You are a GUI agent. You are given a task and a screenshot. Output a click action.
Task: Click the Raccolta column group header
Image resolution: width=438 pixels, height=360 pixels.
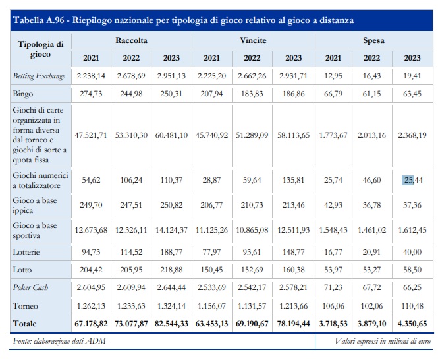[x=131, y=40]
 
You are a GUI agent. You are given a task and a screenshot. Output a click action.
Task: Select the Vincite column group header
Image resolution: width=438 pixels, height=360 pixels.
[x=253, y=40]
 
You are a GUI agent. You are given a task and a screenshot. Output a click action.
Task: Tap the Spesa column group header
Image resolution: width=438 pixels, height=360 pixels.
[x=374, y=40]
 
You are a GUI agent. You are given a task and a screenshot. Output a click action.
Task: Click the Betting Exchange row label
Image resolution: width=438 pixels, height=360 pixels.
[x=40, y=76]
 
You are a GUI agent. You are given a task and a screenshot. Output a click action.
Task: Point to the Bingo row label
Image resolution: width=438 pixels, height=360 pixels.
[x=24, y=94]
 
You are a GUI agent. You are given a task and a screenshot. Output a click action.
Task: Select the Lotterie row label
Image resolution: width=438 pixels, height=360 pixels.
[x=27, y=251]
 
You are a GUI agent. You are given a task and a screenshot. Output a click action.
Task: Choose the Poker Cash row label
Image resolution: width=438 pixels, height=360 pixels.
[x=32, y=288]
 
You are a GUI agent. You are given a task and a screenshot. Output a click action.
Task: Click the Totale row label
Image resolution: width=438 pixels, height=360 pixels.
[x=25, y=324]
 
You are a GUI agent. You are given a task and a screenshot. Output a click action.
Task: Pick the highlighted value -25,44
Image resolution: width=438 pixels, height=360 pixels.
[x=411, y=179]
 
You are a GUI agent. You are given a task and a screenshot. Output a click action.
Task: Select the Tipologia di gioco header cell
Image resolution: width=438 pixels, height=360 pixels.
[x=40, y=49]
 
